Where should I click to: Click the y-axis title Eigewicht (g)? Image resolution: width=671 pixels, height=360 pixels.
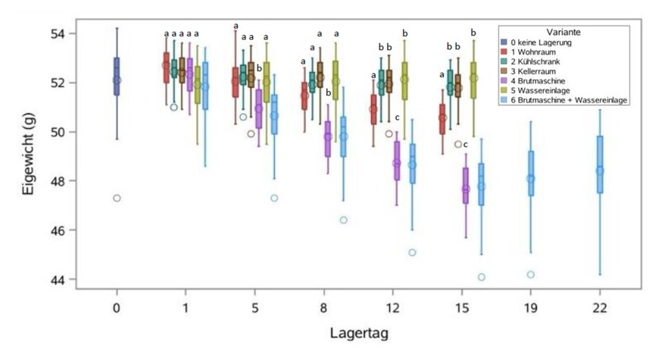click(x=28, y=154)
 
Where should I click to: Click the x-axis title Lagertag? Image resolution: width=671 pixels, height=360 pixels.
click(x=359, y=333)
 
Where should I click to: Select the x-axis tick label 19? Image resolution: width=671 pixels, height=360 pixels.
click(x=531, y=308)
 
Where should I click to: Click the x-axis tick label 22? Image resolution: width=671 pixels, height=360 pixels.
click(x=600, y=308)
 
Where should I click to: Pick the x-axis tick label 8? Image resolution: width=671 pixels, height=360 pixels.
click(x=323, y=308)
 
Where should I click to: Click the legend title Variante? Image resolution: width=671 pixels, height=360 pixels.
click(x=563, y=32)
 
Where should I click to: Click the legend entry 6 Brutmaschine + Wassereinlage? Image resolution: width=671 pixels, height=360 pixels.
click(x=564, y=100)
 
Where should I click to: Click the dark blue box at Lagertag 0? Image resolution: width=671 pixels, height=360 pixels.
click(x=117, y=77)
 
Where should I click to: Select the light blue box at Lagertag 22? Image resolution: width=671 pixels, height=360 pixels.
click(x=600, y=164)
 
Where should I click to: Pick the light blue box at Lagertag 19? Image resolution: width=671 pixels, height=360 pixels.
click(x=531, y=174)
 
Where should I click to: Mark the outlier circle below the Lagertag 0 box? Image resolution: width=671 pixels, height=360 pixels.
click(x=117, y=199)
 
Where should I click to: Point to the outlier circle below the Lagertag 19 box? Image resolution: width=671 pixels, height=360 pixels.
click(x=531, y=274)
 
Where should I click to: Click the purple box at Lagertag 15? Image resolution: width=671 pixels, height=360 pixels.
click(x=466, y=186)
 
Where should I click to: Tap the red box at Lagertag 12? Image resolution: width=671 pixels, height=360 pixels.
click(x=373, y=110)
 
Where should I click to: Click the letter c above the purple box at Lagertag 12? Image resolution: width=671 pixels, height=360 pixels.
click(x=397, y=117)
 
